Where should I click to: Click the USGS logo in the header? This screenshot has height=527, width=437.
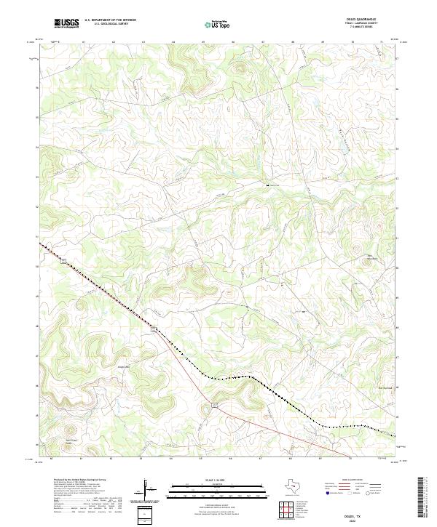[66, 23]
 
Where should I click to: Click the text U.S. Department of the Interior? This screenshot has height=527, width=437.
[110, 20]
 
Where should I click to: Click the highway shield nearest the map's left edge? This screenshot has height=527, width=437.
[63, 260]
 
